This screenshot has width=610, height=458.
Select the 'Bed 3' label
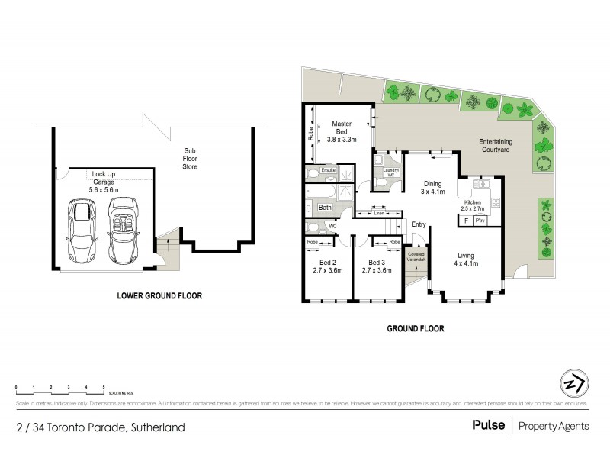tap(375, 265)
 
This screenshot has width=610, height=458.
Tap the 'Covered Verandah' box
tap(416, 257)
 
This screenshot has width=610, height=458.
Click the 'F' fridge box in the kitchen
tap(466, 221)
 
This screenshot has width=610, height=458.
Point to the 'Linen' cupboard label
tap(380, 214)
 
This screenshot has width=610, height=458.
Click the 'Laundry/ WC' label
tap(389, 173)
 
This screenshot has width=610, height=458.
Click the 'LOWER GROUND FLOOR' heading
tap(159, 295)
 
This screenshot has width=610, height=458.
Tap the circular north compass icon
tap(573, 382)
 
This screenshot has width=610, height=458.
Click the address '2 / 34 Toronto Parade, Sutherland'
tap(100, 427)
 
